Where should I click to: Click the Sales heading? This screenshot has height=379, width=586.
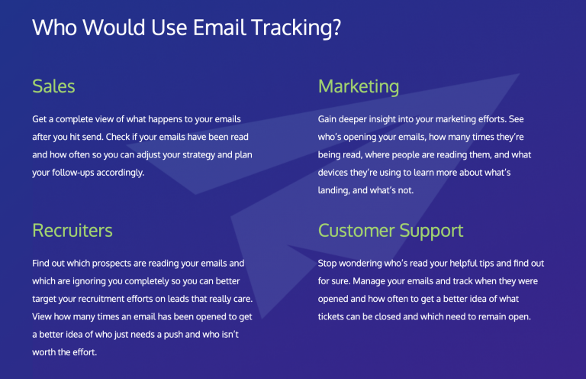click(53, 86)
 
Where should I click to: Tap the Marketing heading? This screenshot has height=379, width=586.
click(358, 86)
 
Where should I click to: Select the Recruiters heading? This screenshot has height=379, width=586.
click(72, 230)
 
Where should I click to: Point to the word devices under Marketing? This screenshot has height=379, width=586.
click(336, 173)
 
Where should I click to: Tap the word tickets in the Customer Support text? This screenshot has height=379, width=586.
click(333, 316)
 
